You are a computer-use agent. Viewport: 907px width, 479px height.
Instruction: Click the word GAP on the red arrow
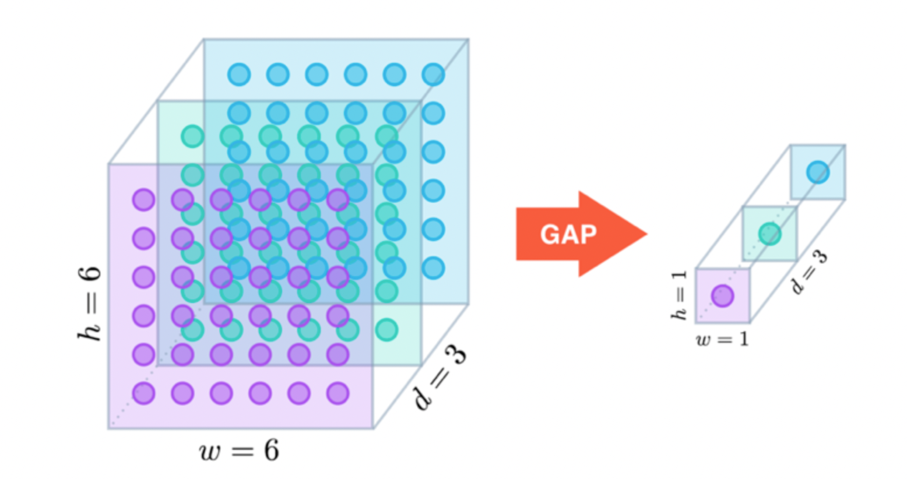point(568,234)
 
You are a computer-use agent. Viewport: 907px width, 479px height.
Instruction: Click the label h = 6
point(90,303)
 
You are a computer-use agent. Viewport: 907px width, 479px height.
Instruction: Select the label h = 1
point(679,295)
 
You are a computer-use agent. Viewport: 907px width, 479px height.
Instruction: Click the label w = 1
point(722,339)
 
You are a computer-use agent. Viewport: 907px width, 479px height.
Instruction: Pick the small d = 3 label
point(810,272)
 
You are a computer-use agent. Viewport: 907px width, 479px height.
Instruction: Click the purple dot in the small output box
point(722,296)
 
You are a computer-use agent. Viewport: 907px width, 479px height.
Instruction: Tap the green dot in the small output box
point(769,234)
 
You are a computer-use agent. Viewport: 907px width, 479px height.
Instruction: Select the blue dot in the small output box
point(817,172)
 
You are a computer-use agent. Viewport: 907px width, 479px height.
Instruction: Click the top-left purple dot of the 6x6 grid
point(143,200)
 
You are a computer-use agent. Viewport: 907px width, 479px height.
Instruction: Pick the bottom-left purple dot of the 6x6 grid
point(143,393)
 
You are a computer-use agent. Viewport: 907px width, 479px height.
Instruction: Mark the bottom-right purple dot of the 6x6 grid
point(338,393)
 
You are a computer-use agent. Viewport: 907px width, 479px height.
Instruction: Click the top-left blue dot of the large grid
point(239,75)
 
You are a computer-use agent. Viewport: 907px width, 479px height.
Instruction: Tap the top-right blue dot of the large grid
point(433,75)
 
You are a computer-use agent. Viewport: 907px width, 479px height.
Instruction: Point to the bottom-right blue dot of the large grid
point(433,268)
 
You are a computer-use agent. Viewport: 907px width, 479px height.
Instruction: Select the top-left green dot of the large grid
point(192,136)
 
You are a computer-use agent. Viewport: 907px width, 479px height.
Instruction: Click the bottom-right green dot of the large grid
point(386,330)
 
